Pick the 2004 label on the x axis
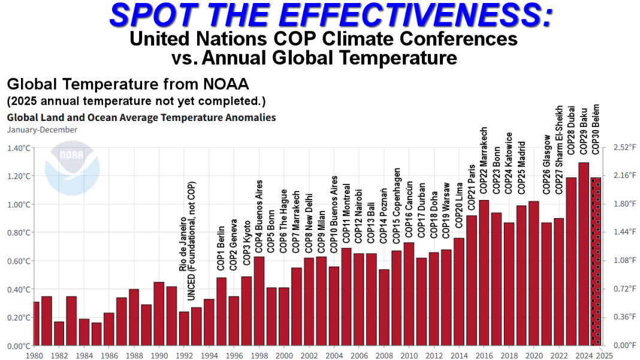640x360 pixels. tap(334, 355)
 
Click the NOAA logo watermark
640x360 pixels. tap(72, 168)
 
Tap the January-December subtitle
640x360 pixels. tap(42, 129)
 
